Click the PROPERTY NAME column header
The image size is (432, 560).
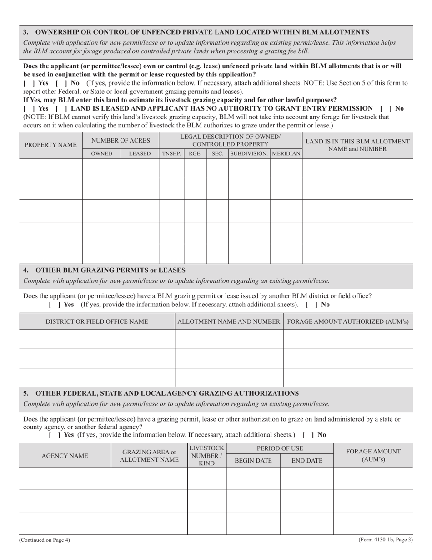click(x=50, y=145)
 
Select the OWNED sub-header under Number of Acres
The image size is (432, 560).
click(x=101, y=154)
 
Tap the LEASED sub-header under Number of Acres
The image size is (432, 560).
click(x=140, y=154)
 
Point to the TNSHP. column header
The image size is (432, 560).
click(x=171, y=154)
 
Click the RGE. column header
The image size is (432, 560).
click(x=195, y=154)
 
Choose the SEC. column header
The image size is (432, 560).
click(x=217, y=154)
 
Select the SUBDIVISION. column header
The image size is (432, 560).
click(x=249, y=154)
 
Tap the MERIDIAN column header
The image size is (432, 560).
click(x=286, y=154)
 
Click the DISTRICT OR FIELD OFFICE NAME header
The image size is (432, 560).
click(x=97, y=321)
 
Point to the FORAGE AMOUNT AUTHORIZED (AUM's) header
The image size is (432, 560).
click(x=348, y=321)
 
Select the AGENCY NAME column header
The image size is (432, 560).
click(x=65, y=456)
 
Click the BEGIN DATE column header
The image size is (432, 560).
click(x=253, y=461)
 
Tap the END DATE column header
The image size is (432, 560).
click(x=307, y=461)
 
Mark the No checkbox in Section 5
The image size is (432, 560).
click(x=307, y=435)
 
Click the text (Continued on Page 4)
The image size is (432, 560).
click(x=45, y=540)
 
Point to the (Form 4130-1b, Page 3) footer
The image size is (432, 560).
click(x=385, y=540)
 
